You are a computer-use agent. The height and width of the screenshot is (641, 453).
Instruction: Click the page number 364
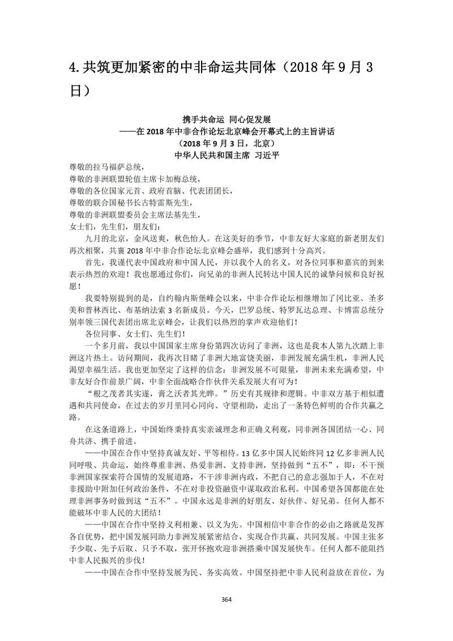(226, 599)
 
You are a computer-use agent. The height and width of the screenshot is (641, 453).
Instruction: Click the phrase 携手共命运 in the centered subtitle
(203, 120)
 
